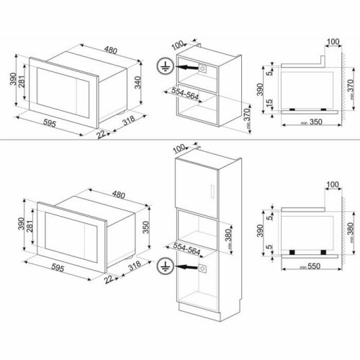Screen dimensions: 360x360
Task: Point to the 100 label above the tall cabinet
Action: [x=179, y=150]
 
